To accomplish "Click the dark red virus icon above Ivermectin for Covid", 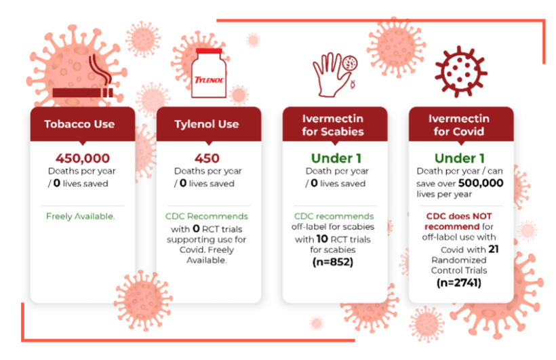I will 460,71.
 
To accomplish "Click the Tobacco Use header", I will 79,124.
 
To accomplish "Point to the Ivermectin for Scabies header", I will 334,124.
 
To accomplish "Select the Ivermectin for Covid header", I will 460,124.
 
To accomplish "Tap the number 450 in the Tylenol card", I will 207,159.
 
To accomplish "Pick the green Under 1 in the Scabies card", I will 334,159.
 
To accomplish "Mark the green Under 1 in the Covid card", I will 460,159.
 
